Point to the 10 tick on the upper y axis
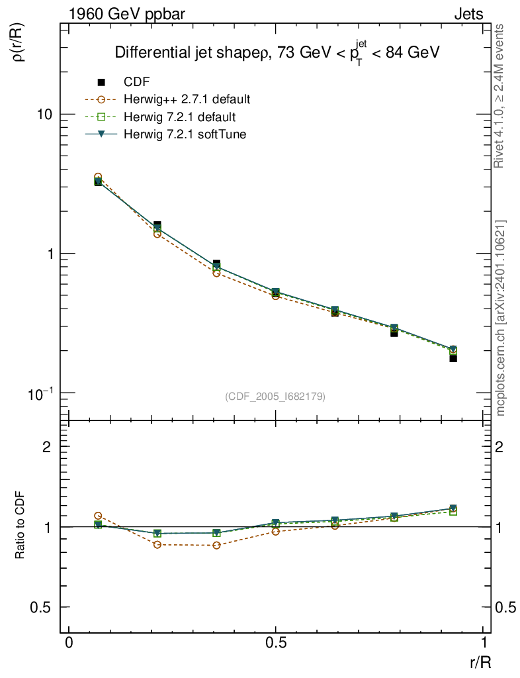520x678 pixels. (x=44, y=114)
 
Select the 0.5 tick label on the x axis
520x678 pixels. (x=275, y=643)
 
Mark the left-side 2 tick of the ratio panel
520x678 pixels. (x=47, y=446)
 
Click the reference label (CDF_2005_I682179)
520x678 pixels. (x=275, y=396)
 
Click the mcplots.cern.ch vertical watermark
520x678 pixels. (x=501, y=318)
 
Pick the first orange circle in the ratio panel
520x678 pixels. (x=98, y=516)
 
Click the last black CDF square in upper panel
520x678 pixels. (x=453, y=358)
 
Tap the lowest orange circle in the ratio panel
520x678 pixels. (x=216, y=545)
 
